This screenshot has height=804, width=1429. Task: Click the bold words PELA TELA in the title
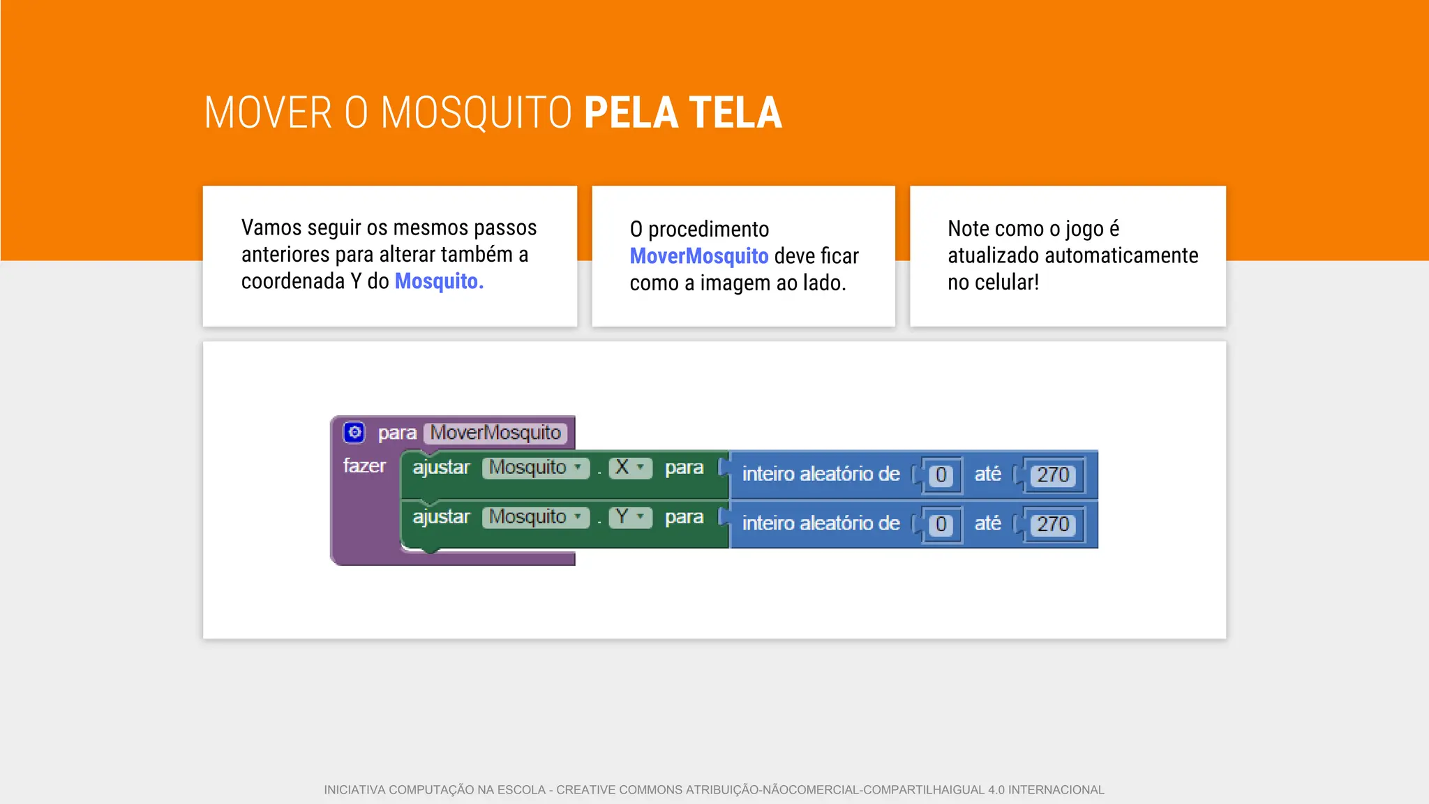pyautogui.click(x=682, y=113)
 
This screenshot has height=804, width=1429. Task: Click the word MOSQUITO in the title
pyautogui.click(x=477, y=113)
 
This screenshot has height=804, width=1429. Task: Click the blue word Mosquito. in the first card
pyautogui.click(x=439, y=281)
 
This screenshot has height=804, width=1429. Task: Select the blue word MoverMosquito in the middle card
pyautogui.click(x=698, y=256)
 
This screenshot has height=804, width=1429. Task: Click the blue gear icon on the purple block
pyautogui.click(x=354, y=432)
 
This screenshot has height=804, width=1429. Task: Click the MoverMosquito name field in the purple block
pyautogui.click(x=495, y=433)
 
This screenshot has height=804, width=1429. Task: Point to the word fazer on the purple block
pyautogui.click(x=364, y=466)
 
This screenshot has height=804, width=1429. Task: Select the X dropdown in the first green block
pyautogui.click(x=630, y=468)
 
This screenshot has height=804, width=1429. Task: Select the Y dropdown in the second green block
pyautogui.click(x=630, y=517)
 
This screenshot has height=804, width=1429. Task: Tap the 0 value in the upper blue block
pyautogui.click(x=941, y=475)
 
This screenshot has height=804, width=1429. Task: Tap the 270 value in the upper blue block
pyautogui.click(x=1052, y=475)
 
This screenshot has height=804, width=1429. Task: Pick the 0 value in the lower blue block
pyautogui.click(x=941, y=525)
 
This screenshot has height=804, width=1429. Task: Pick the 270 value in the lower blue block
pyautogui.click(x=1052, y=525)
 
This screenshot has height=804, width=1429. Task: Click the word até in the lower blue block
pyautogui.click(x=987, y=523)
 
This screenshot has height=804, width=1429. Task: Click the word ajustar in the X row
pyautogui.click(x=441, y=468)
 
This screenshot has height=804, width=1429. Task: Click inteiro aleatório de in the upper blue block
pyautogui.click(x=821, y=475)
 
